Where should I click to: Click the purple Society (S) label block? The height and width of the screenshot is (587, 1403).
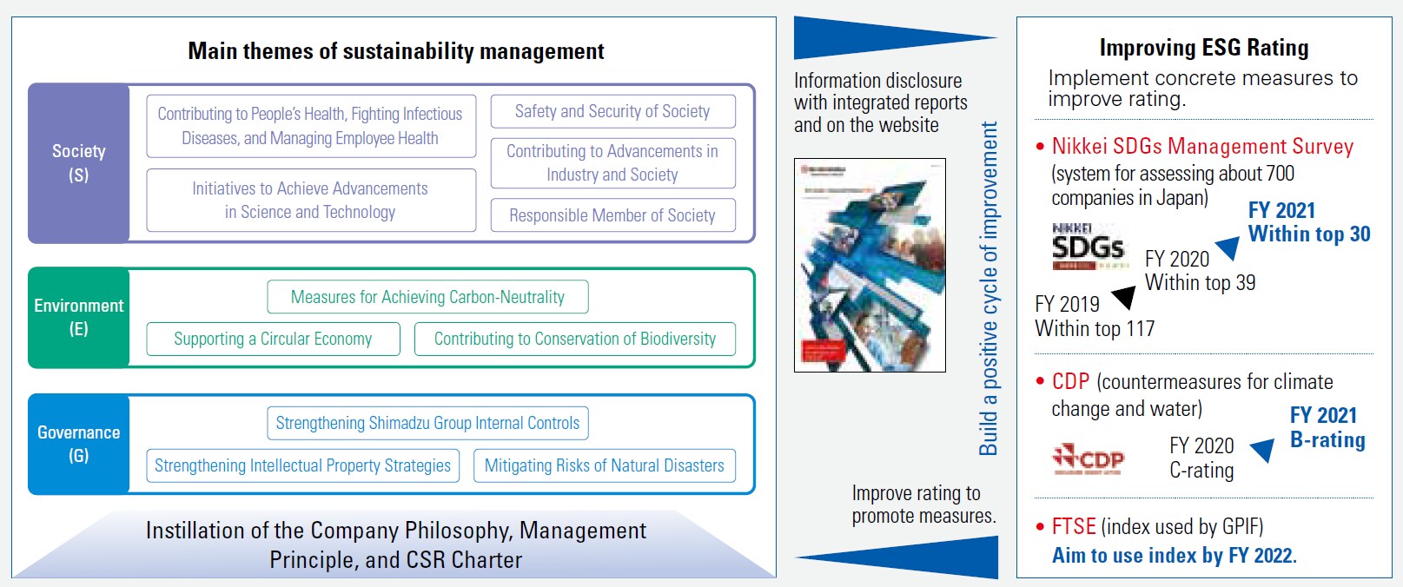79,163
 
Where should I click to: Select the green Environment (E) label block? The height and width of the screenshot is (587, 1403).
79,317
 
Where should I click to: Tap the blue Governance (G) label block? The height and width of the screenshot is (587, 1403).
79,444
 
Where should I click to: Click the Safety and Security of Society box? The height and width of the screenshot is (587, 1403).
612,111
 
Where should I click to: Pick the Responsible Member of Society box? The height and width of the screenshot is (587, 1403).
612,215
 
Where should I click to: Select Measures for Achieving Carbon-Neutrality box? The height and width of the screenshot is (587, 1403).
427,297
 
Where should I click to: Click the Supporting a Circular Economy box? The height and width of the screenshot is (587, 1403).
273,339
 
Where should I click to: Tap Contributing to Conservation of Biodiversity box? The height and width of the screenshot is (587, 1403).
574,339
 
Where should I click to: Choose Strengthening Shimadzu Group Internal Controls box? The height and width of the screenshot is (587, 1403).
427,423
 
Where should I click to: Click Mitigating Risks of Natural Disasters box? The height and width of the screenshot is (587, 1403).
604,465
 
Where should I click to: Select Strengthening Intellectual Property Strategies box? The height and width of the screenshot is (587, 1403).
302,465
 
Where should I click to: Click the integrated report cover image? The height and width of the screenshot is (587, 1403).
870,265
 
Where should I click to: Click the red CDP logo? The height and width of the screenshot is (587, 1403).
1089,458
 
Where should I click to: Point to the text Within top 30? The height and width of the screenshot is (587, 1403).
1308,234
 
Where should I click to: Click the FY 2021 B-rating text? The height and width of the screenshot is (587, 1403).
1327,427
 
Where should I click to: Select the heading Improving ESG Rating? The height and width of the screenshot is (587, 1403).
1203,48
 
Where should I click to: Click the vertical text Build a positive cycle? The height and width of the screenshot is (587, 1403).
988,288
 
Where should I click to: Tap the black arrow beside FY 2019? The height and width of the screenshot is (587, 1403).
1124,297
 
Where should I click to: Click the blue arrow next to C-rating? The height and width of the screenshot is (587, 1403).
1263,450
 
